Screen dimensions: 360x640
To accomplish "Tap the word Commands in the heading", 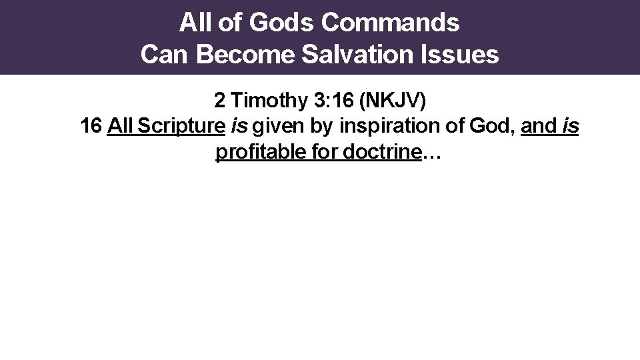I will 390,23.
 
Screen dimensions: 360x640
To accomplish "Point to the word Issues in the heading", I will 467,55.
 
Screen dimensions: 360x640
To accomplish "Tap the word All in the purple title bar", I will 194,23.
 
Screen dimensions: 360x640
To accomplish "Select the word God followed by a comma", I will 495,127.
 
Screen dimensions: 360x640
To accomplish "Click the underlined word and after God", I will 539,127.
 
